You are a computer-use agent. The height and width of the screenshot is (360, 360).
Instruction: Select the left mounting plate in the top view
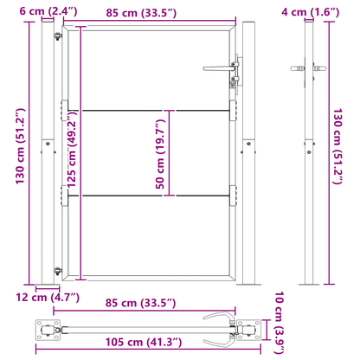point(50,330)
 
